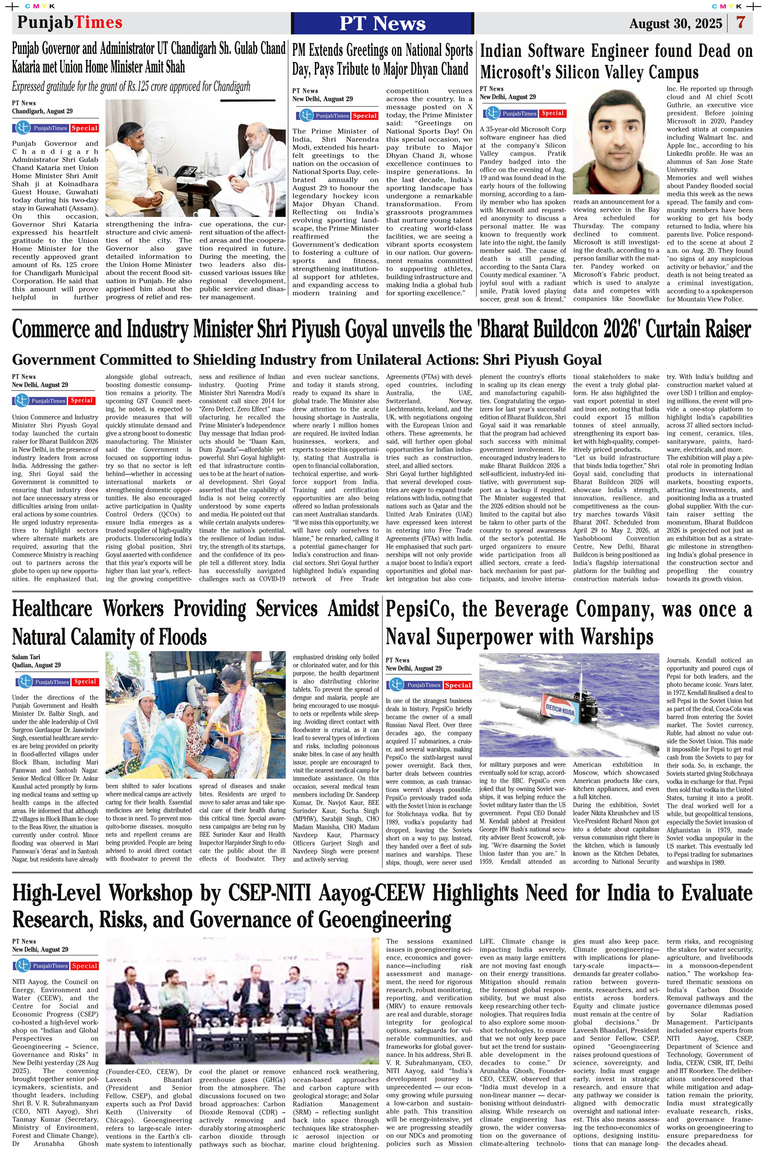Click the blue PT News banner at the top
pyautogui.click(x=382, y=23)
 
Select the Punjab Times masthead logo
pyautogui.click(x=70, y=22)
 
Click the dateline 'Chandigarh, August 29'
pyautogui.click(x=42, y=111)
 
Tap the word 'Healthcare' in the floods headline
pyautogui.click(x=52, y=609)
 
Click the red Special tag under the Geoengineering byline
pyautogui.click(x=85, y=966)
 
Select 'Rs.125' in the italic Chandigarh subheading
pyautogui.click(x=138, y=87)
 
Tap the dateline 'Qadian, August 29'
pyautogui.click(x=36, y=665)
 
